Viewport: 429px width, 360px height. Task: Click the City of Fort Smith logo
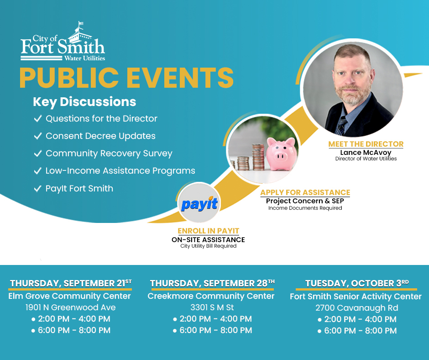[x=63, y=43]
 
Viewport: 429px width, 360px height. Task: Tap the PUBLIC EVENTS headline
[x=126, y=78]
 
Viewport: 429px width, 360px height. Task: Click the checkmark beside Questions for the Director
[x=38, y=119]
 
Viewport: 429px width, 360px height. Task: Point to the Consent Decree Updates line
[x=100, y=136]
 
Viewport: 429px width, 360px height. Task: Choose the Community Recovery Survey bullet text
[x=109, y=154]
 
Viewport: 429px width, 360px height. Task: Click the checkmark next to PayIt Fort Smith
[x=38, y=189]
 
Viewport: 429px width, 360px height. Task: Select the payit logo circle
[x=199, y=204]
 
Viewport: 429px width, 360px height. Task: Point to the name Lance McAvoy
[x=366, y=153]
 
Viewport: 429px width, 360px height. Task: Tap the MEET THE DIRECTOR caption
[x=366, y=144]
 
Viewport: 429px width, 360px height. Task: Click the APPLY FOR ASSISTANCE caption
[x=305, y=193]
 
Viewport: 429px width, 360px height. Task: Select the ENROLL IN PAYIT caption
[x=209, y=231]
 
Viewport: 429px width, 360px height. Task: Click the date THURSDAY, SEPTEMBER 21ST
[x=70, y=283]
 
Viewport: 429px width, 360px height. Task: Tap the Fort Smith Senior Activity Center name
[x=356, y=296]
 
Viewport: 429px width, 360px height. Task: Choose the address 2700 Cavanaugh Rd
[x=356, y=308]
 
